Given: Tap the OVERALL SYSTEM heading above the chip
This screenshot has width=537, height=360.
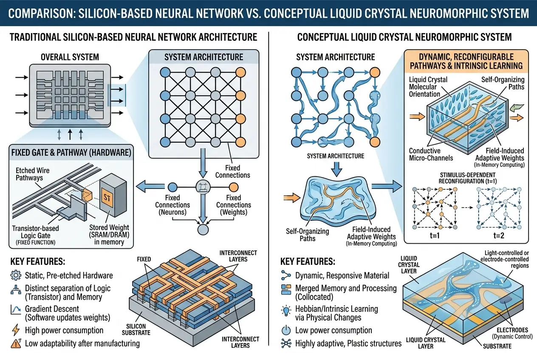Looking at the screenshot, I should (x=70, y=56).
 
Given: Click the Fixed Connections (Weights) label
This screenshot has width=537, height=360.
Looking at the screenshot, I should (x=234, y=205).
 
